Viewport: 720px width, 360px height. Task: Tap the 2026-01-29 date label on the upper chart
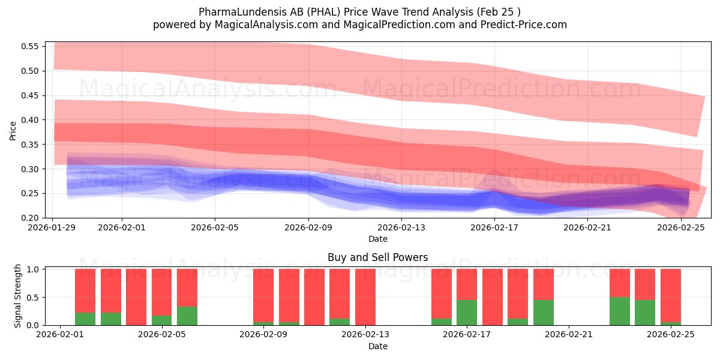(x=53, y=228)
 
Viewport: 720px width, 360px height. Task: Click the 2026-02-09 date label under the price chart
(x=308, y=228)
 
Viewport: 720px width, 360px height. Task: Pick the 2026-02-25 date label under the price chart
(x=682, y=228)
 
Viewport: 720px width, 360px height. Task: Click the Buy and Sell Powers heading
(x=377, y=257)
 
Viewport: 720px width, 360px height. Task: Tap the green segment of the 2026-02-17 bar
(x=467, y=313)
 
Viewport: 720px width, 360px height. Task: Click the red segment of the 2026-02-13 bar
(x=365, y=296)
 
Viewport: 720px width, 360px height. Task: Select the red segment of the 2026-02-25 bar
(x=671, y=295)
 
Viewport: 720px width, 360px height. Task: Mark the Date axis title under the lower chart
(x=377, y=346)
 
